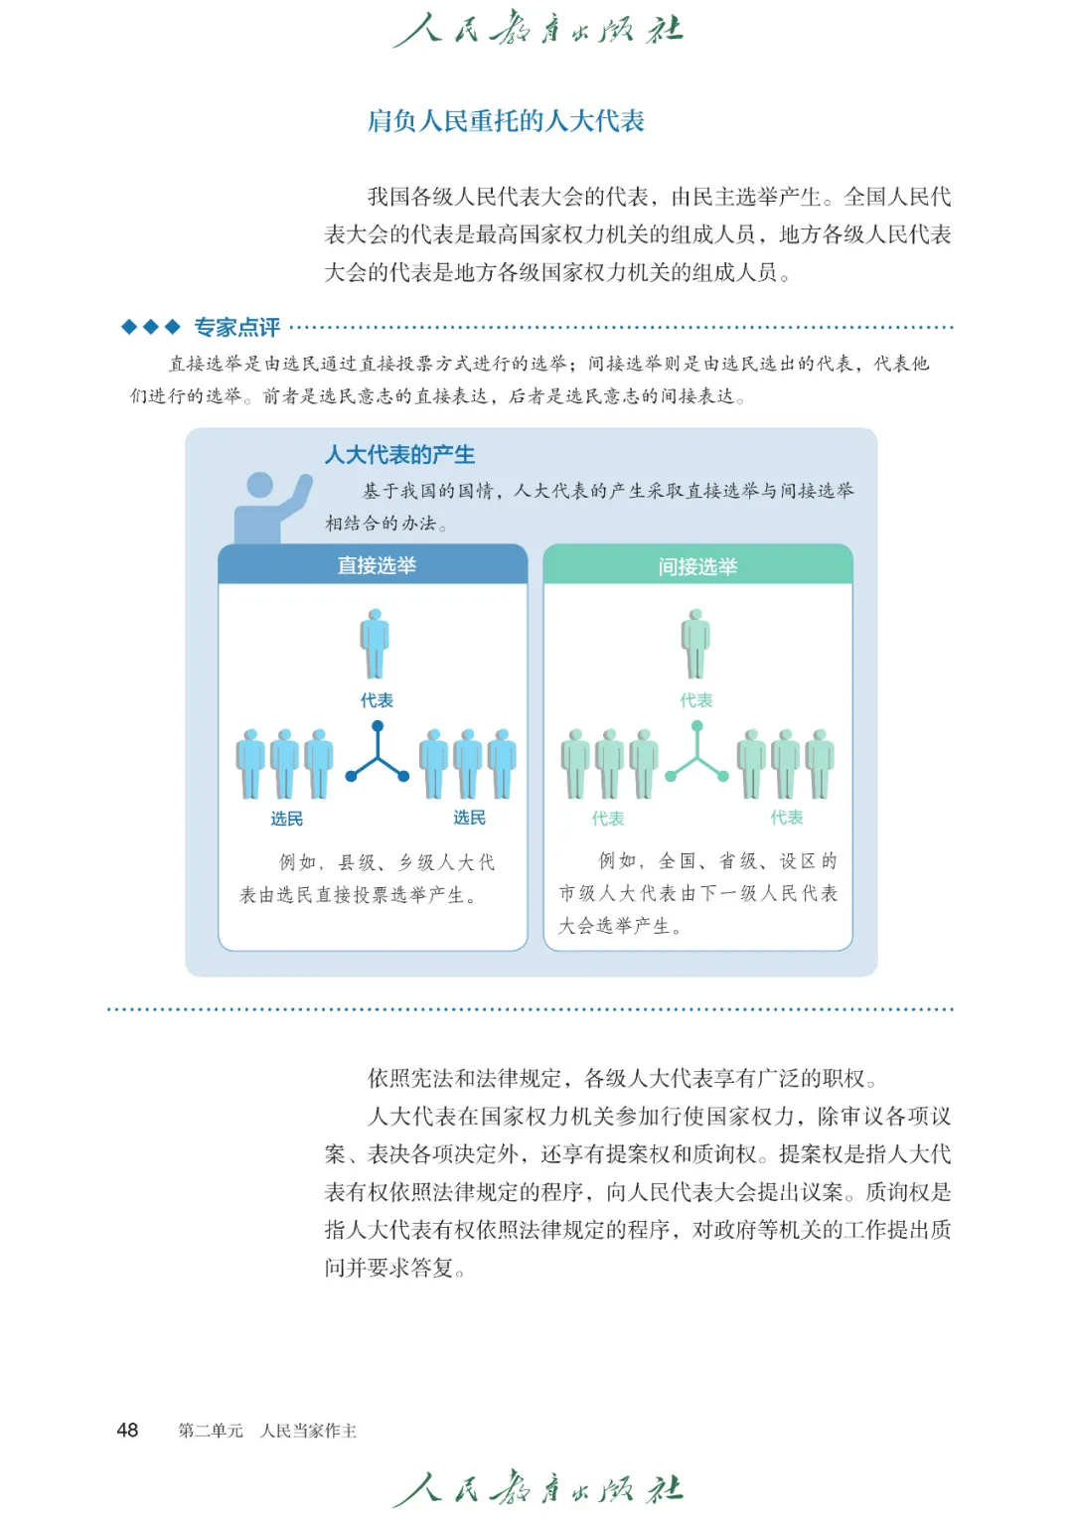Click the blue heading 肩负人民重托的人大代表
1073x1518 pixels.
(x=506, y=121)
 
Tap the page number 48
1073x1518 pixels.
(x=127, y=1430)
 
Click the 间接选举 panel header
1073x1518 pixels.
(x=697, y=566)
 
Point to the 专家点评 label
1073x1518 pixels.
(x=236, y=327)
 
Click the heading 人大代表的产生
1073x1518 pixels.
(x=399, y=455)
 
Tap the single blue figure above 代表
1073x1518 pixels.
(x=376, y=644)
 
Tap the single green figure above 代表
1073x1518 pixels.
(x=695, y=644)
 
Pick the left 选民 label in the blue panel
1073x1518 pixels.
(x=286, y=819)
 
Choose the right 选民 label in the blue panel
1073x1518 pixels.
(x=469, y=818)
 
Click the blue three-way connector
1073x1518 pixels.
(x=378, y=755)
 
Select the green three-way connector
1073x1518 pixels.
(x=697, y=755)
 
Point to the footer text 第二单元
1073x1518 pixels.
(x=210, y=1431)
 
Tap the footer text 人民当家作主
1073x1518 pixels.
(x=308, y=1431)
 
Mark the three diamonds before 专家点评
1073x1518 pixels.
(x=150, y=327)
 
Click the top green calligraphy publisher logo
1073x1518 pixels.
(x=537, y=29)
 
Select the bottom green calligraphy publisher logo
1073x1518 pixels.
(x=537, y=1488)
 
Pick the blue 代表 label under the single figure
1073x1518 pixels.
(x=377, y=700)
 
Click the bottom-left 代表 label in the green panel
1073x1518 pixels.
(x=607, y=819)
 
